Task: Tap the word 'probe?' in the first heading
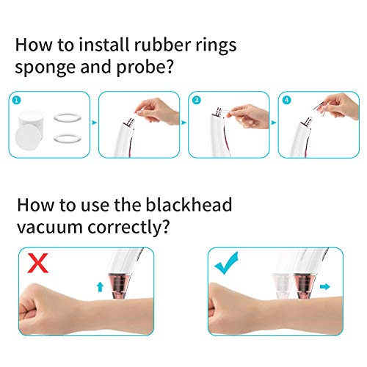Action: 145,67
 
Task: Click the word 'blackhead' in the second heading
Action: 189,205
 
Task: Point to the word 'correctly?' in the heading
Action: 128,227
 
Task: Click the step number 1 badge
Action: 17,100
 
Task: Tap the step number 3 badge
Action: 197,100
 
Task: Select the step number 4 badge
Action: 287,100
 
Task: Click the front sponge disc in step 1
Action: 28,137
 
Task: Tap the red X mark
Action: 37,264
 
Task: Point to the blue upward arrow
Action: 100,287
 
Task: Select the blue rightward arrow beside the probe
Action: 325,286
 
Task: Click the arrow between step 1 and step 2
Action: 94,123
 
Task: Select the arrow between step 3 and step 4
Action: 274,123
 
